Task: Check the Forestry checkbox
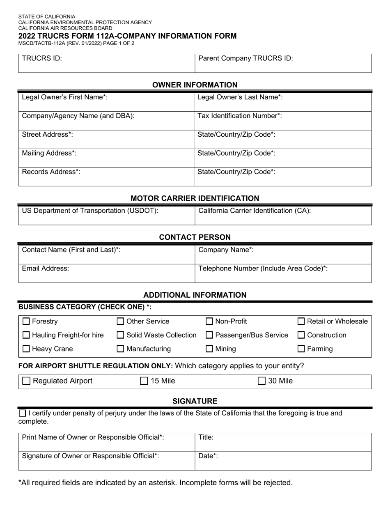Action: pyautogui.click(x=26, y=321)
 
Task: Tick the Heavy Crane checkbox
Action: pyautogui.click(x=26, y=349)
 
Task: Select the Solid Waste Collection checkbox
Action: pyautogui.click(x=121, y=335)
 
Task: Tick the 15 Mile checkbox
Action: pyautogui.click(x=144, y=381)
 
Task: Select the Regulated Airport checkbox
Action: pyautogui.click(x=26, y=381)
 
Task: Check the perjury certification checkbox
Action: pyautogui.click(x=23, y=413)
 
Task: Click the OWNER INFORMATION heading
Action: pyautogui.click(x=195, y=85)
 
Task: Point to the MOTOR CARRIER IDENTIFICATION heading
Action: pyautogui.click(x=195, y=198)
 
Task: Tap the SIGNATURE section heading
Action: pyautogui.click(x=195, y=401)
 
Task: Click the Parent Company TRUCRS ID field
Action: pyautogui.click(x=283, y=64)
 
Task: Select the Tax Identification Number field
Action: pyautogui.click(x=283, y=121)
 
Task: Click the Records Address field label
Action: pyautogui.click(x=51, y=172)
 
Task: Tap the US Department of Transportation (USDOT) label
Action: pyautogui.click(x=90, y=211)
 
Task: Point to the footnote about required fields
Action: pyautogui.click(x=156, y=482)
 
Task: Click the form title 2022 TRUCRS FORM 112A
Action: pyautogui.click(x=127, y=36)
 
